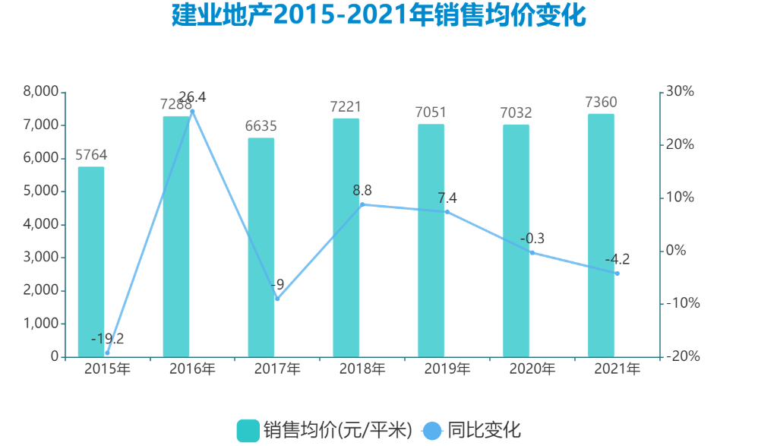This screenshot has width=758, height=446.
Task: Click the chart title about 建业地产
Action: click(x=379, y=15)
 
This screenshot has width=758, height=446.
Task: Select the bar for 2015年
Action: click(x=91, y=261)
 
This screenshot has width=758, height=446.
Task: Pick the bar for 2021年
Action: click(x=601, y=235)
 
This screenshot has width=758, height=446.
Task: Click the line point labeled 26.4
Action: click(x=192, y=112)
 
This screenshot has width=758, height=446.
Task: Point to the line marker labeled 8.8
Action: click(x=362, y=204)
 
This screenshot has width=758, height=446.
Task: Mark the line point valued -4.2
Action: click(x=617, y=274)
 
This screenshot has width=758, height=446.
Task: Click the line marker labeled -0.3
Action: click(x=532, y=253)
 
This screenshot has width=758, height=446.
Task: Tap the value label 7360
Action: click(x=601, y=103)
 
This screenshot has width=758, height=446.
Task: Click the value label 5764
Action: click(x=91, y=155)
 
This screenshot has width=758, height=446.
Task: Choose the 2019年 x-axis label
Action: click(x=447, y=369)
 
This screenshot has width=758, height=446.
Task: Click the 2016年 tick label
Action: click(x=192, y=369)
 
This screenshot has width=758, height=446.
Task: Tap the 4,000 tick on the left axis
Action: click(x=43, y=224)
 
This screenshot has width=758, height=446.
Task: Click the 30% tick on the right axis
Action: click(x=680, y=92)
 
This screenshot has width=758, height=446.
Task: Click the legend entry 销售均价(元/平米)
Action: click(x=324, y=429)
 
